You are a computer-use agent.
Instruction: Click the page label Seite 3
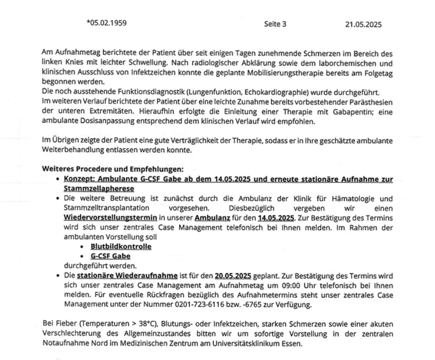275,24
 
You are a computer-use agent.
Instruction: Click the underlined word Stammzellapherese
93,188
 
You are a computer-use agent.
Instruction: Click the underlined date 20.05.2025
232,276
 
